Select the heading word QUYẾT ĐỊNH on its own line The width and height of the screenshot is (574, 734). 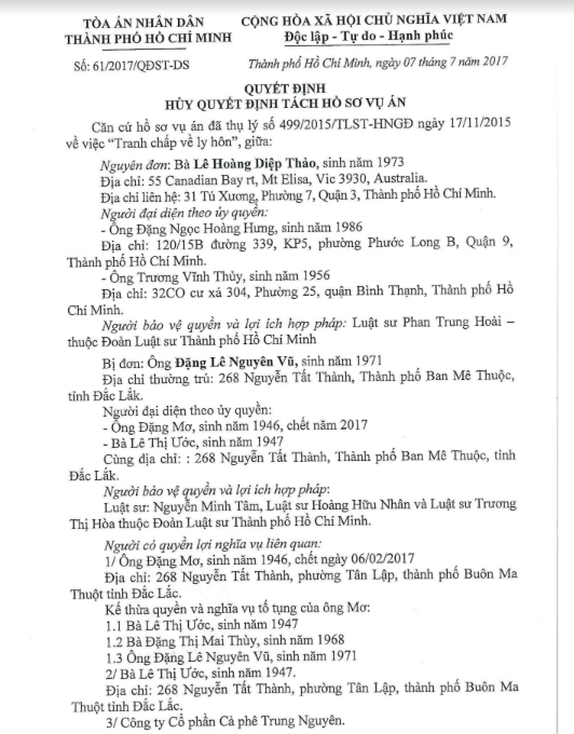(x=285, y=88)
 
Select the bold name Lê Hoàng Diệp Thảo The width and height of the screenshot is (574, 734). (x=255, y=164)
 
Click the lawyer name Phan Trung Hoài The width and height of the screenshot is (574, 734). (x=452, y=322)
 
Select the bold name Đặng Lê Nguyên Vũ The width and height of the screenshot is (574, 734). (x=236, y=363)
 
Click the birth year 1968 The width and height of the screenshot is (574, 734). (x=328, y=640)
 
